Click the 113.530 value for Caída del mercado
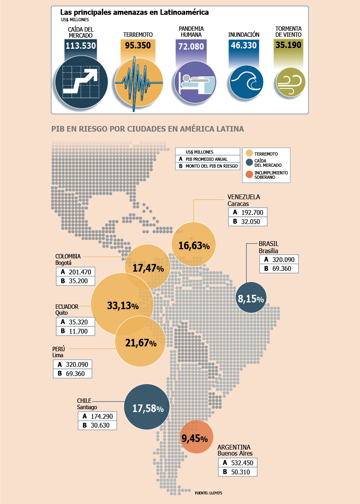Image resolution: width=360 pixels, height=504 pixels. (81, 46)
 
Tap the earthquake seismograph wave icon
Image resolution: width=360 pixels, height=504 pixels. (139, 83)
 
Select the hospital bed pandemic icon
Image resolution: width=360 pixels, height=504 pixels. (195, 82)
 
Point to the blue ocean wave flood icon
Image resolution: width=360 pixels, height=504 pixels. (246, 82)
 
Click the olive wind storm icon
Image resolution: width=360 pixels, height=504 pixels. (290, 82)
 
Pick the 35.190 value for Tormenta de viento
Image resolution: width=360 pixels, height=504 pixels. (288, 45)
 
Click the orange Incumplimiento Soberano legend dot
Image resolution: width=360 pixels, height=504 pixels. (249, 174)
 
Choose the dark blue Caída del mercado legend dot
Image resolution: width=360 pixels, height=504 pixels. (249, 162)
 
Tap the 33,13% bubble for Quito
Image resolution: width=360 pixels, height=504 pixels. (122, 304)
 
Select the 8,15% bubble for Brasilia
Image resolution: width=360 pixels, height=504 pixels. (251, 297)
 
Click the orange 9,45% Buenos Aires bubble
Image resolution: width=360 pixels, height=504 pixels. (196, 436)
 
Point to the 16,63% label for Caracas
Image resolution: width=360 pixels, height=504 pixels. (194, 246)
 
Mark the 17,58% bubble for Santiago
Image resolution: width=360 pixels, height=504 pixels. (147, 407)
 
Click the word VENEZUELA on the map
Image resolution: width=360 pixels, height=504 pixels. (244, 197)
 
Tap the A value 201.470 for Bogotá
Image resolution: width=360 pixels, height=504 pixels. (80, 272)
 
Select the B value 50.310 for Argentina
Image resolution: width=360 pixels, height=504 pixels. (240, 472)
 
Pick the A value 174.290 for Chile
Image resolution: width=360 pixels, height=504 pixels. (102, 416)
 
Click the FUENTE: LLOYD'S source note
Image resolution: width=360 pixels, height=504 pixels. (208, 493)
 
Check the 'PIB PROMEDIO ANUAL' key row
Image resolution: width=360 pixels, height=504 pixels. (206, 159)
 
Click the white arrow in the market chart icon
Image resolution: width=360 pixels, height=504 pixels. (80, 81)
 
